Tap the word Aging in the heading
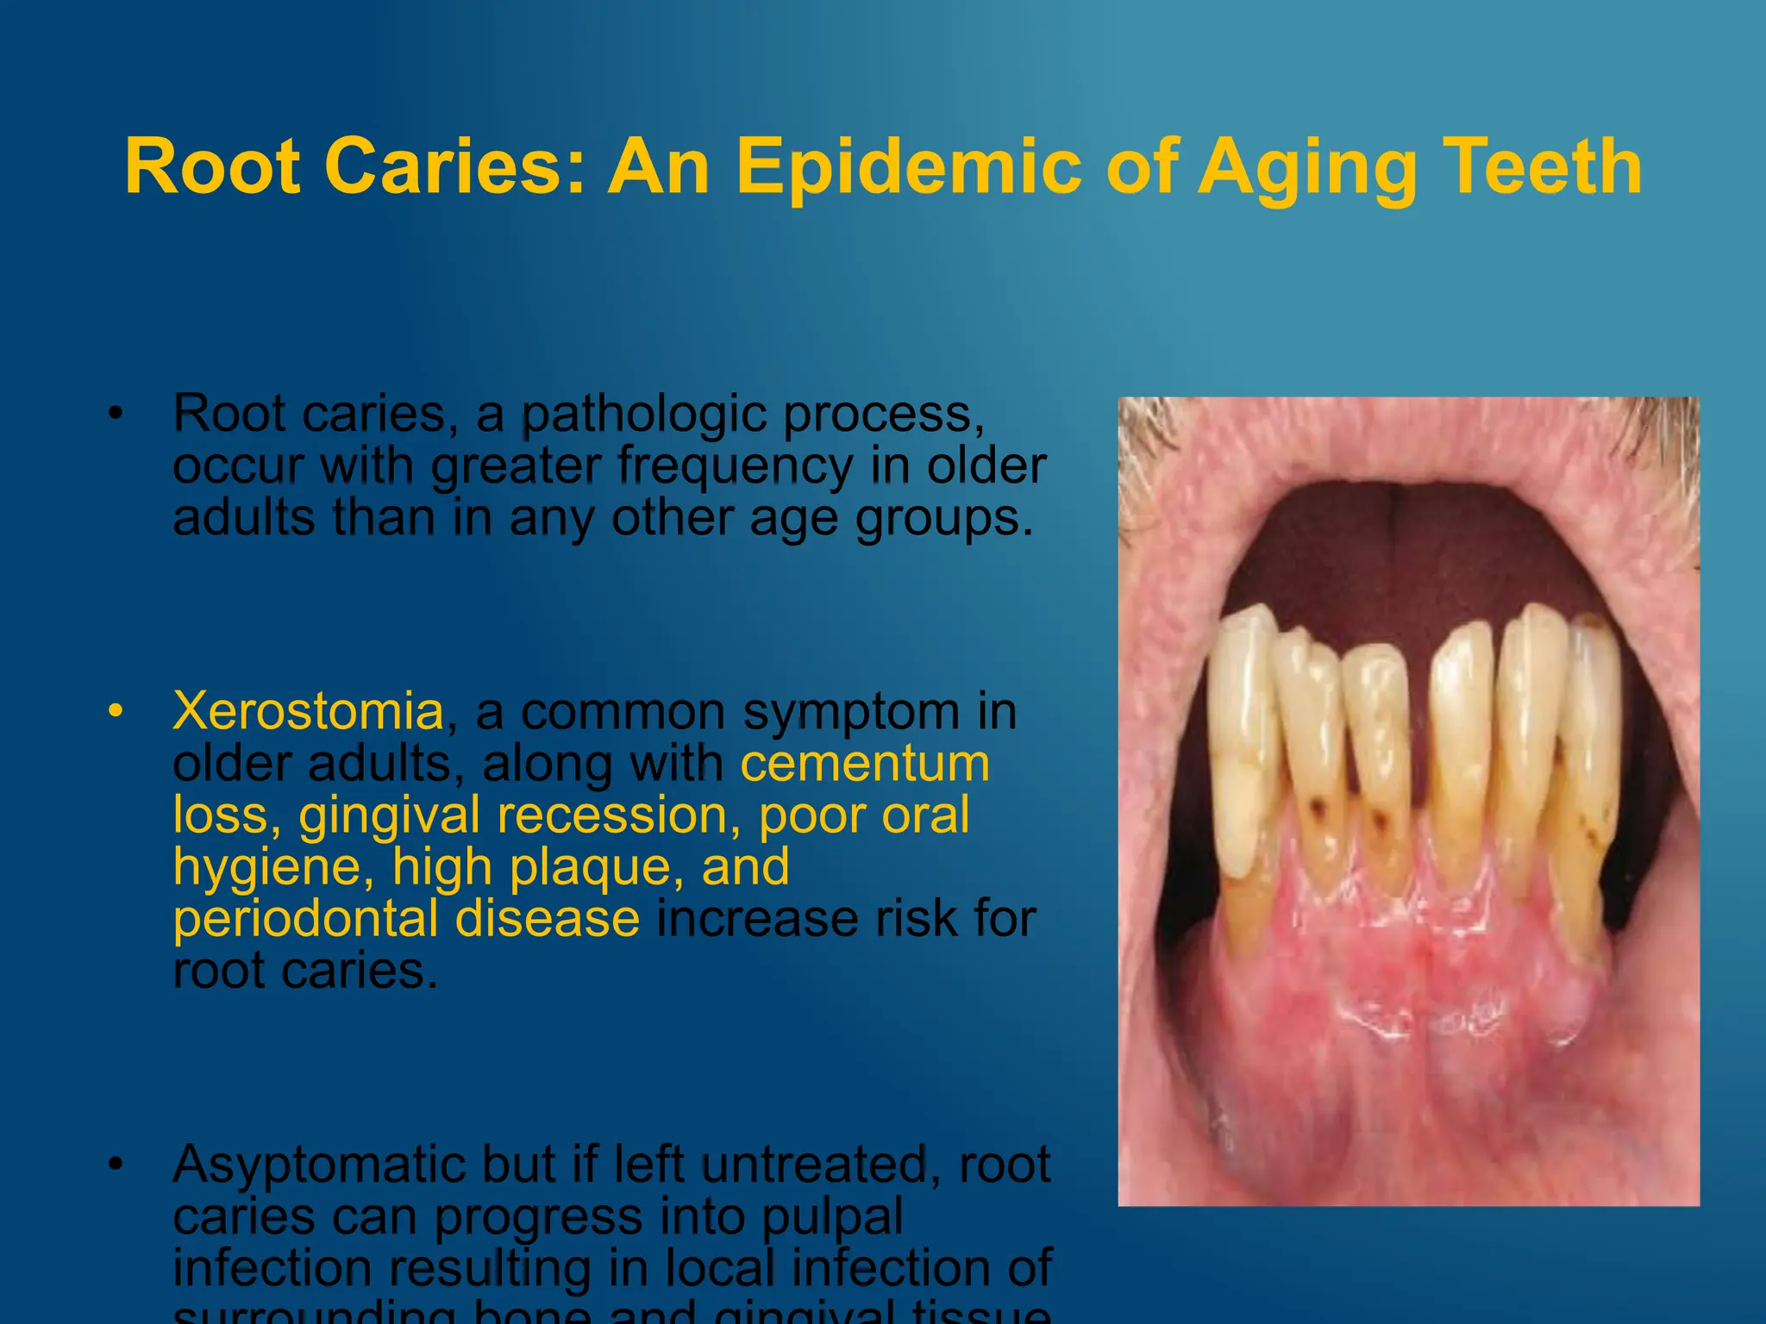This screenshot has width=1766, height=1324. (1308, 168)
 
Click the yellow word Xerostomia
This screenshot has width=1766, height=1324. (308, 712)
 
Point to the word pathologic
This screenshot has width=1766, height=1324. (643, 415)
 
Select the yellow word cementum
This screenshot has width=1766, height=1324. (865, 764)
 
